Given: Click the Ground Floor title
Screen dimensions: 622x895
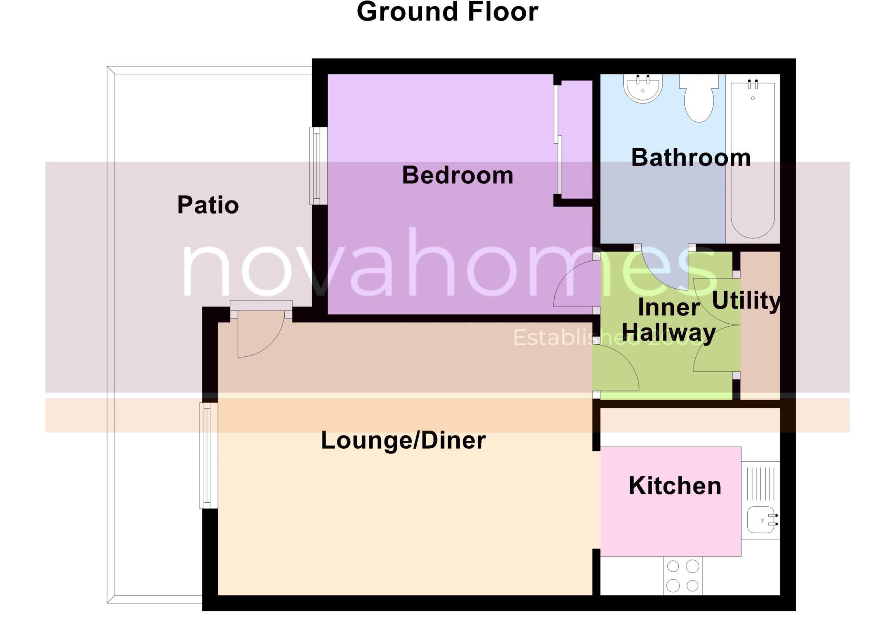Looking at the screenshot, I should coord(447,12).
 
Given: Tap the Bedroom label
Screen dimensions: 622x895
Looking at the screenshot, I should coord(457,175).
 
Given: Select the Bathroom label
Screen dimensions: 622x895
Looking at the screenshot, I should coord(690,157).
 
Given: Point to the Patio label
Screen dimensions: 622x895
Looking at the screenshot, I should coord(208,205).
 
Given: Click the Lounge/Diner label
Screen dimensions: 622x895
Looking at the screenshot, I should coord(403,440).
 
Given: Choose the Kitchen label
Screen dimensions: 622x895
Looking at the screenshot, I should coord(674,486).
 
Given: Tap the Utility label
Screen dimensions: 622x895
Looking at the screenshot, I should coord(746,301).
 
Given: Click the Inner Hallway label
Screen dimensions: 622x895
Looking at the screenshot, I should coord(669,320).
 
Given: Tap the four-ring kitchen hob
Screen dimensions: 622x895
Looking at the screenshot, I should coord(683,576).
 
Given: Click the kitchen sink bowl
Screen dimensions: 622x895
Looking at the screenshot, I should coord(760,520).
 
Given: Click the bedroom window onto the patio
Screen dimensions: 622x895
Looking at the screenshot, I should coord(319,166).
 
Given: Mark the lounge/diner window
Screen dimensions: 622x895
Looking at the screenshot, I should coord(208,456).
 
